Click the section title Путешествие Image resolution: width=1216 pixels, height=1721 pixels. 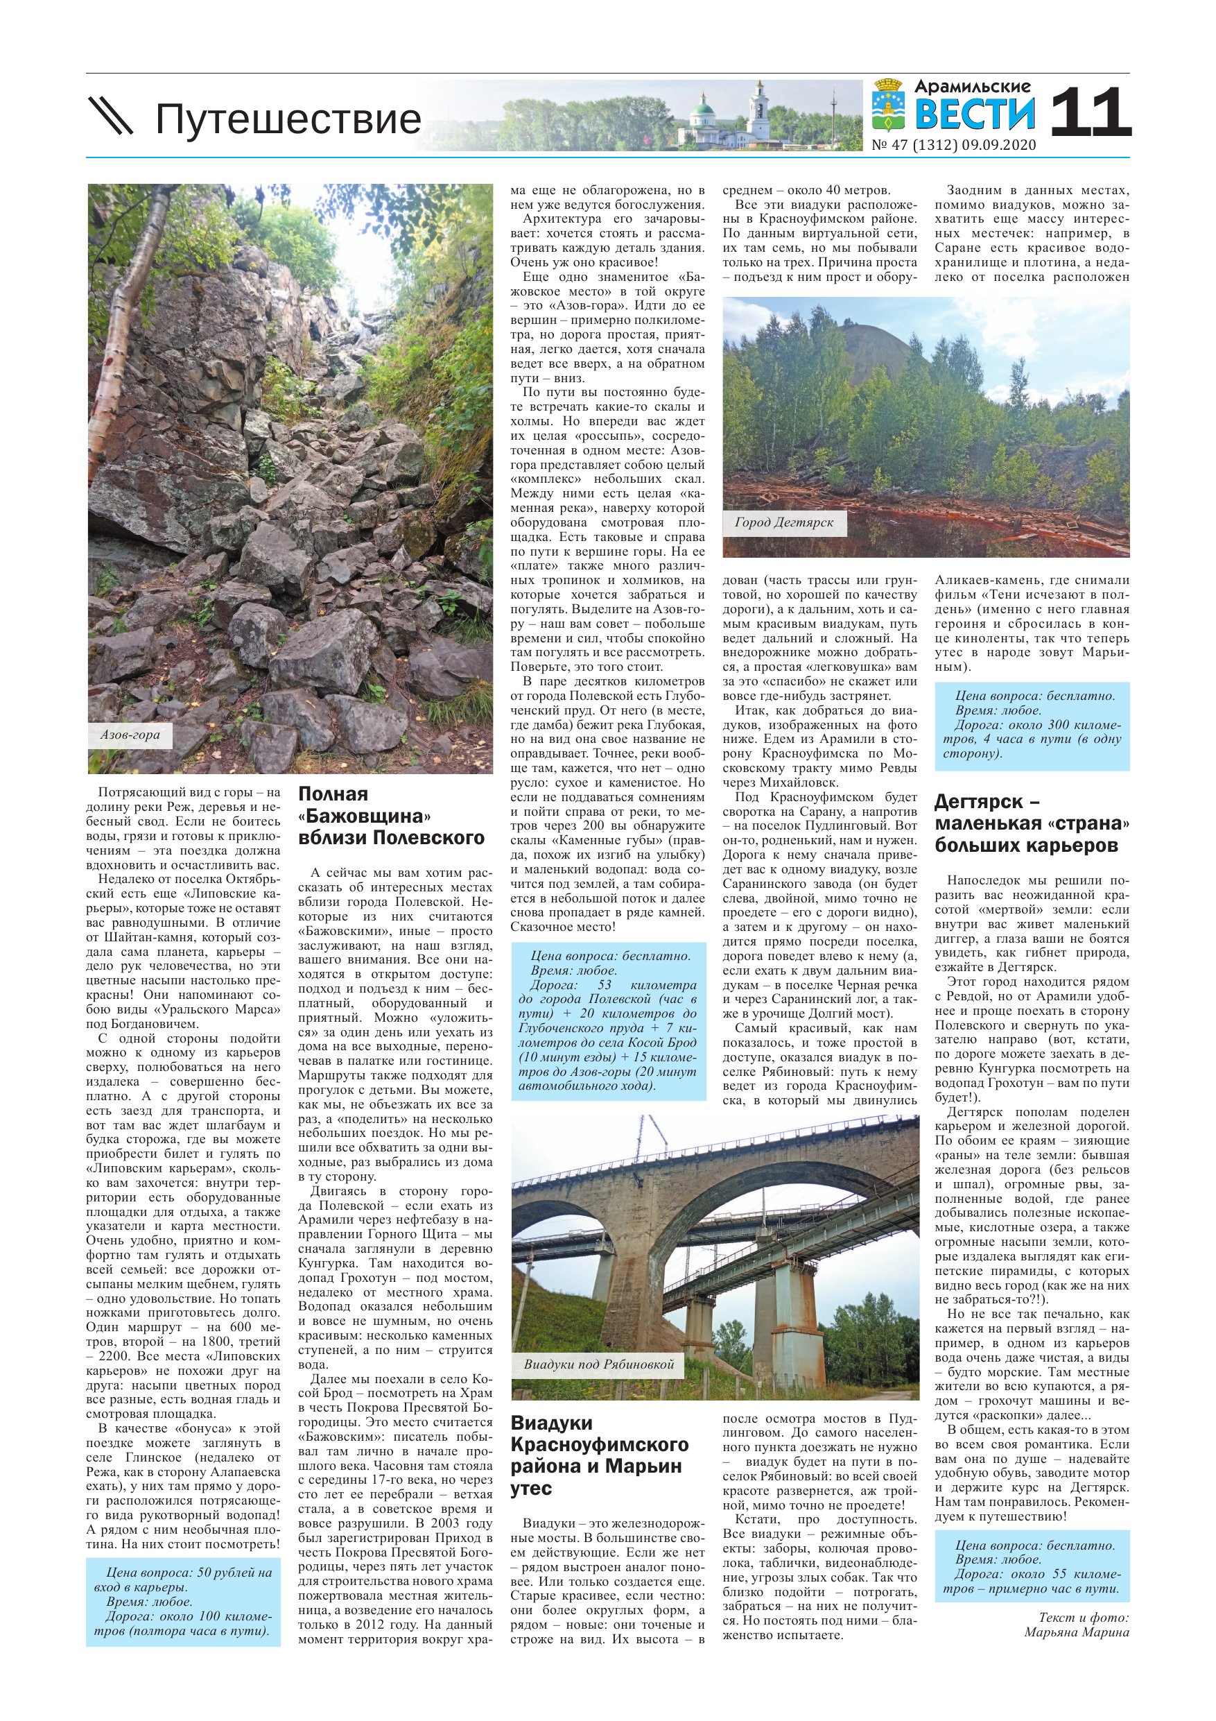click(x=288, y=119)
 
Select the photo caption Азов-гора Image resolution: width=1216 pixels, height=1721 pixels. click(x=130, y=735)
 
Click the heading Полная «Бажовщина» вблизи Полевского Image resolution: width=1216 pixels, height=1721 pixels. click(x=391, y=816)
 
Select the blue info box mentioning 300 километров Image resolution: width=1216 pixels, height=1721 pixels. click(x=1032, y=725)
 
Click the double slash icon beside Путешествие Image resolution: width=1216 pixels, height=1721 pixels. click(x=111, y=116)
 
